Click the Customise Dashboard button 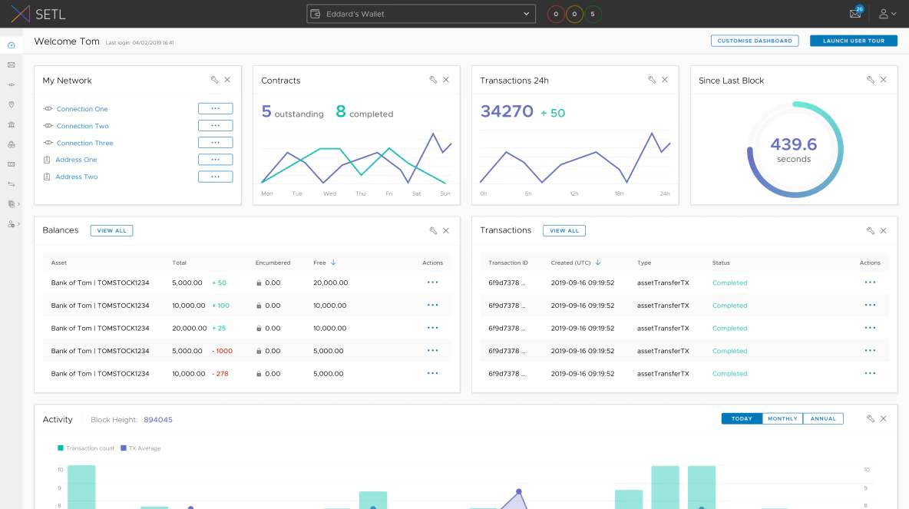[754, 41]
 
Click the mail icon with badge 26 [854, 14]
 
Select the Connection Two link [82, 126]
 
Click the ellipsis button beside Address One [215, 160]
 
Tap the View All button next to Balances [111, 230]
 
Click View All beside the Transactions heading [564, 230]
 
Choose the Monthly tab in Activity [782, 418]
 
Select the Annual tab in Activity [823, 418]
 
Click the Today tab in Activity [742, 418]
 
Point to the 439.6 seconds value [794, 145]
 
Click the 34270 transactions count [507, 112]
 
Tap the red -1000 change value [222, 351]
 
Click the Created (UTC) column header [572, 263]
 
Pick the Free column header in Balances [320, 263]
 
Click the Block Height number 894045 [158, 420]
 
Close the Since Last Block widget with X [883, 80]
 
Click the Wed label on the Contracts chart [329, 193]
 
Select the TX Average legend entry [144, 448]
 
